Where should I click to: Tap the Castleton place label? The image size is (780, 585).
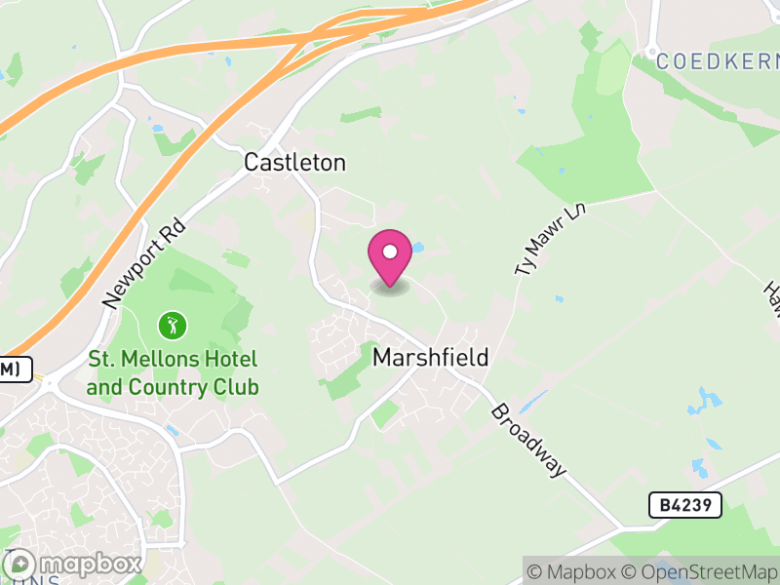tap(294, 163)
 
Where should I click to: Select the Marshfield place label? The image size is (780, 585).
tap(430, 358)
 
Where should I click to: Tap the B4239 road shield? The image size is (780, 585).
tap(684, 504)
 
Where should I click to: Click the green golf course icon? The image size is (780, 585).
tap(172, 324)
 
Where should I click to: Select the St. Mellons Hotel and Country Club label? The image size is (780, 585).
tap(173, 373)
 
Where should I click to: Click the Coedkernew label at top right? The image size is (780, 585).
tap(717, 60)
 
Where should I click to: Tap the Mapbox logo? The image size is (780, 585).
tap(73, 564)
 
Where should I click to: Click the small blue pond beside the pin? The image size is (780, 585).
tap(417, 248)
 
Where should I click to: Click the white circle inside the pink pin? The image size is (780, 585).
tap(390, 252)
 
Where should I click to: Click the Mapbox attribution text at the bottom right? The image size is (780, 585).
tap(578, 571)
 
